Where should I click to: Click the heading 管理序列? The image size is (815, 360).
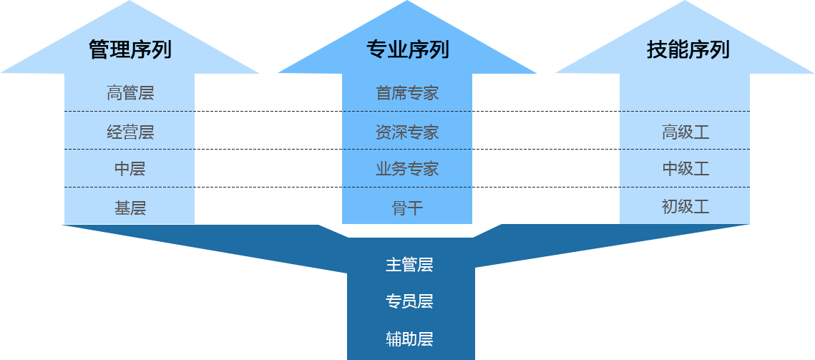(130, 50)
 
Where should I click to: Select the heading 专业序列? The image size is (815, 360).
(408, 50)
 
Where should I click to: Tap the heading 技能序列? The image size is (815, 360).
(688, 50)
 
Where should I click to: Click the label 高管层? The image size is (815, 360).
(130, 93)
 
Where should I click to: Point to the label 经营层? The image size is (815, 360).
(130, 132)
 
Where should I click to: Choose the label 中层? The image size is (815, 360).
(130, 170)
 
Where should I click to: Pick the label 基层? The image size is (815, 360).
(130, 208)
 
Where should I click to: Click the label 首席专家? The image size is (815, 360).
(407, 93)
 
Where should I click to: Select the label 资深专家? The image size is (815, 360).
(407, 132)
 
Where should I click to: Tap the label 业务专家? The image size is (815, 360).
(407, 170)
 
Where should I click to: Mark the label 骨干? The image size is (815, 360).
(407, 208)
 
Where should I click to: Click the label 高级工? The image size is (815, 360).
(685, 132)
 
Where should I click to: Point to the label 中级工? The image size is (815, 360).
(685, 169)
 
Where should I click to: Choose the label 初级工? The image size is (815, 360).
(685, 207)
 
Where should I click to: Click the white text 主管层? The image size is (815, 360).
(409, 265)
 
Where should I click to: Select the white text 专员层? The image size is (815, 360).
(409, 301)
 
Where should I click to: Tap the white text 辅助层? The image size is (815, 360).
(409, 339)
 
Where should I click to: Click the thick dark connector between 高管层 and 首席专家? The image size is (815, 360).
(268, 111)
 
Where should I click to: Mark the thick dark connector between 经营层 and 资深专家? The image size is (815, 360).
(268, 148)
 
